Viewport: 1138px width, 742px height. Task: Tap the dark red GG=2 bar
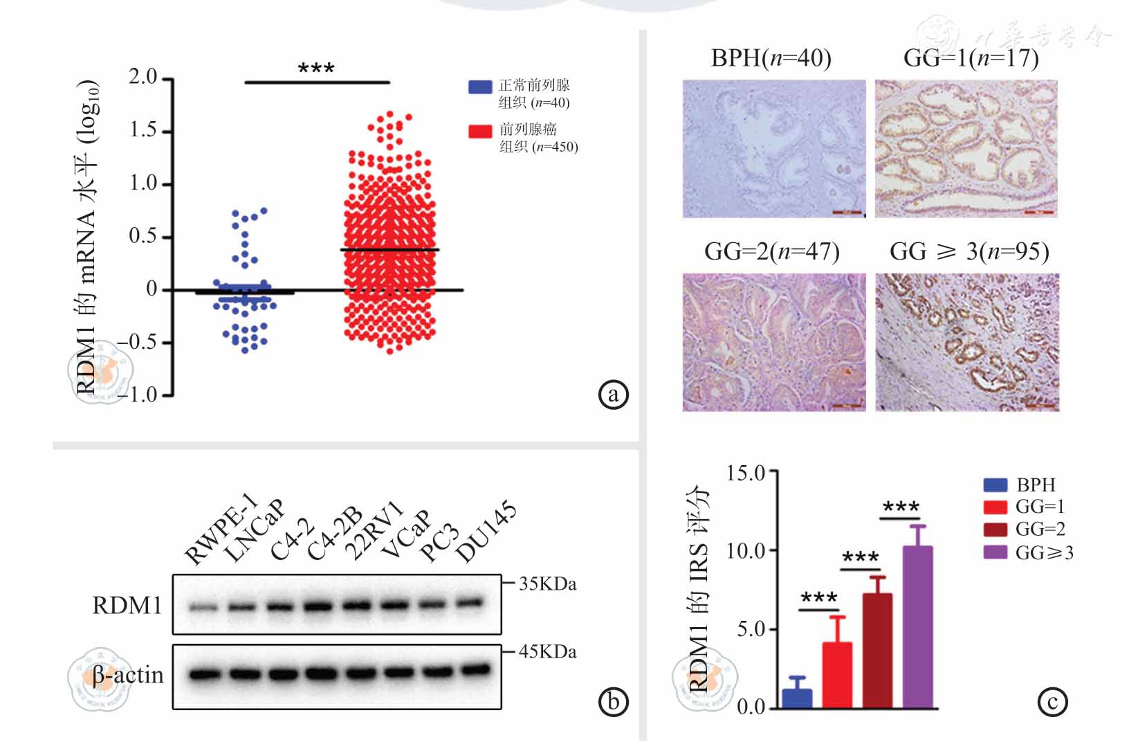pyautogui.click(x=877, y=650)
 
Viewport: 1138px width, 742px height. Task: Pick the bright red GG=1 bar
pyautogui.click(x=837, y=674)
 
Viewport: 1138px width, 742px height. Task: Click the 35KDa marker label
pyautogui.click(x=547, y=584)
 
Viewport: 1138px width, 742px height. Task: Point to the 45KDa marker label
pyautogui.click(x=547, y=652)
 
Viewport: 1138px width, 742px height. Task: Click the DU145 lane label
pyautogui.click(x=486, y=533)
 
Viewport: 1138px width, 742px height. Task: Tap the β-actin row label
pyautogui.click(x=128, y=675)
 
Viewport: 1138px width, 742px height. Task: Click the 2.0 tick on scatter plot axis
pyautogui.click(x=143, y=77)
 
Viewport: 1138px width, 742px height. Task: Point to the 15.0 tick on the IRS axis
pyautogui.click(x=746, y=473)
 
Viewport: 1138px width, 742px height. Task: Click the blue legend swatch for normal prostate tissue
pyautogui.click(x=480, y=87)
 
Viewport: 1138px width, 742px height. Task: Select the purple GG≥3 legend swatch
pyautogui.click(x=995, y=552)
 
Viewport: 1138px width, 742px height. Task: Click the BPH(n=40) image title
pyautogui.click(x=771, y=57)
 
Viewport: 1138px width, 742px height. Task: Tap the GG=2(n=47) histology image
pyautogui.click(x=774, y=342)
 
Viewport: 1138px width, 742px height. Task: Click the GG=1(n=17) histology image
pyautogui.click(x=966, y=148)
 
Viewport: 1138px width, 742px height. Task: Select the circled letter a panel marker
pyautogui.click(x=613, y=395)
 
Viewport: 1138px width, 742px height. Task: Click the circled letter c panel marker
pyautogui.click(x=1052, y=702)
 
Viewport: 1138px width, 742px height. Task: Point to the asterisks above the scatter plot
pyautogui.click(x=316, y=69)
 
